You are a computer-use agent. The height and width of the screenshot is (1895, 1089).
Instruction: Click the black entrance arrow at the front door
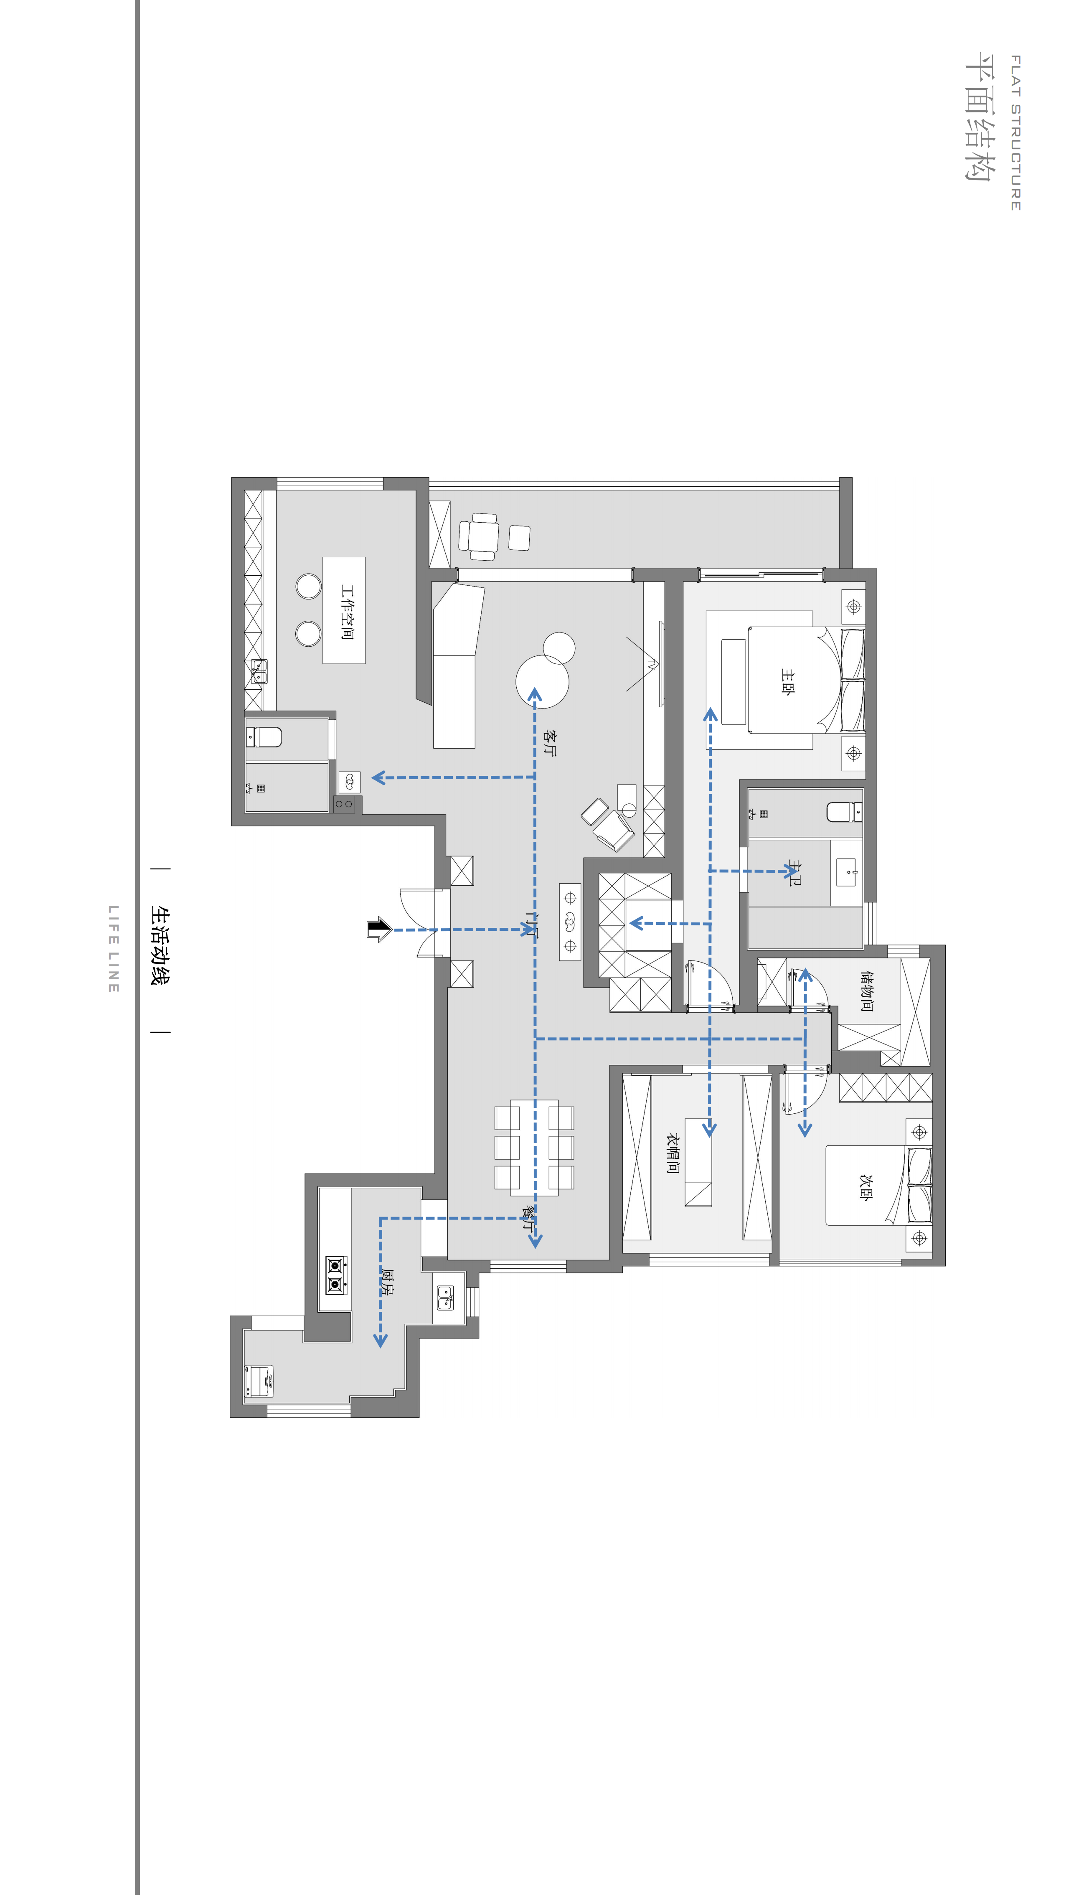click(x=379, y=930)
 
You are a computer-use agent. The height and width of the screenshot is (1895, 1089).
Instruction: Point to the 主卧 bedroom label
click(x=787, y=682)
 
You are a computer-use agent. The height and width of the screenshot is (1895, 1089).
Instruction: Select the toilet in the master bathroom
click(x=844, y=811)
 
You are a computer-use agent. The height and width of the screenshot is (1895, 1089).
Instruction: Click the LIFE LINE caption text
click(x=114, y=949)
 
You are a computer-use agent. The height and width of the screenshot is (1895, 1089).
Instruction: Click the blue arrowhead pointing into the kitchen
click(x=381, y=1341)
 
